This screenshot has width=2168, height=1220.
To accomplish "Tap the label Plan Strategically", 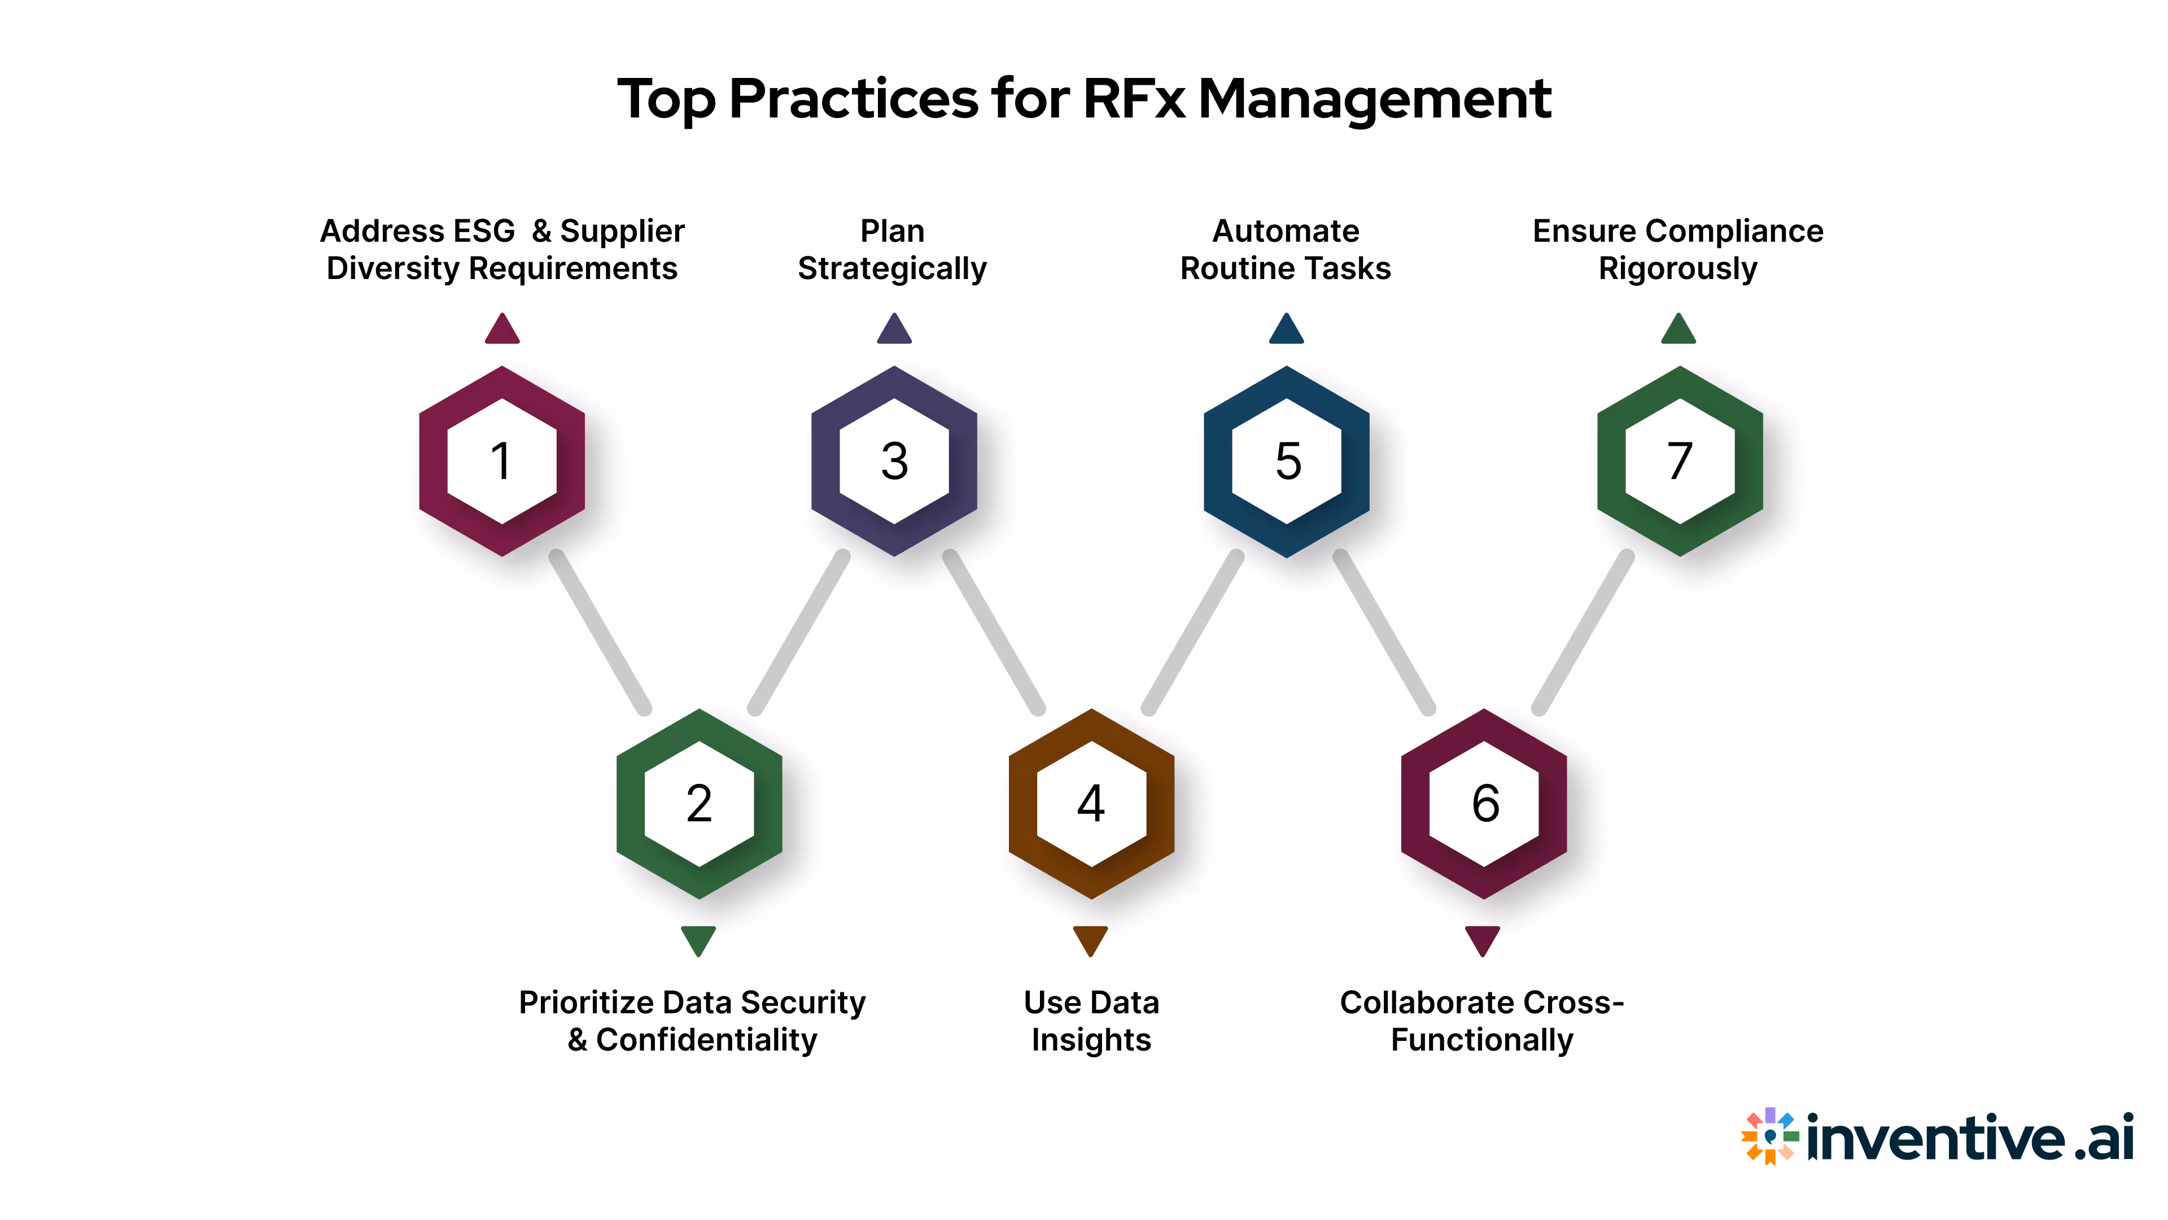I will (x=892, y=249).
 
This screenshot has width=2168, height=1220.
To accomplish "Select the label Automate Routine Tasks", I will (x=1285, y=249).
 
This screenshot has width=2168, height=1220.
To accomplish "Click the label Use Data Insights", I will (x=1091, y=1021).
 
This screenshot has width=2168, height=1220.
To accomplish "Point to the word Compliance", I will (x=1734, y=230).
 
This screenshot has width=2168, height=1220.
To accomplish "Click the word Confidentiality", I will (x=706, y=1040).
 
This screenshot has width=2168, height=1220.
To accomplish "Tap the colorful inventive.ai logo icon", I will (x=1769, y=1136).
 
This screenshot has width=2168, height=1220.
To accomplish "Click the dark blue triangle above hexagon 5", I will (x=1286, y=330).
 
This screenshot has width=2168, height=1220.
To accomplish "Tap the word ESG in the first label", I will (x=483, y=230).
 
